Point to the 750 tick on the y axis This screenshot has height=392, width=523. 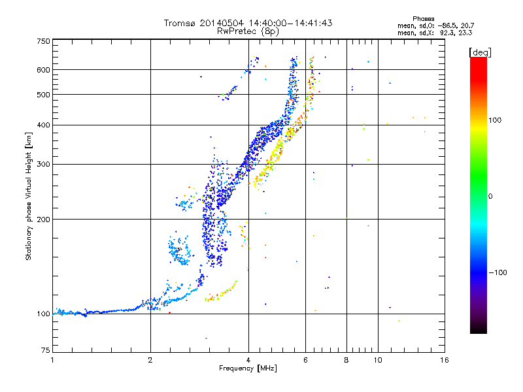pos(44,41)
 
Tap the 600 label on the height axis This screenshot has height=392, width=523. pos(44,70)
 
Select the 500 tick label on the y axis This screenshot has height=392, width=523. pos(44,95)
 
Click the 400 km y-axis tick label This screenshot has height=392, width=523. pos(44,125)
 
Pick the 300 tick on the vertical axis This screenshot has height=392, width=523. pos(44,164)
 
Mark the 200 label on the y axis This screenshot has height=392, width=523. pos(44,219)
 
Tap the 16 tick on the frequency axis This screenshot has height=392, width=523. pos(444,361)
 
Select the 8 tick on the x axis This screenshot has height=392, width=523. pos(346,361)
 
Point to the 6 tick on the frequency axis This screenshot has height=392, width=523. pos(305,361)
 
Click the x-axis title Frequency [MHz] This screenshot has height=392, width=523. pos(248,369)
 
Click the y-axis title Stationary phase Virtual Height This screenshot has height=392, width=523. pos(29,196)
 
